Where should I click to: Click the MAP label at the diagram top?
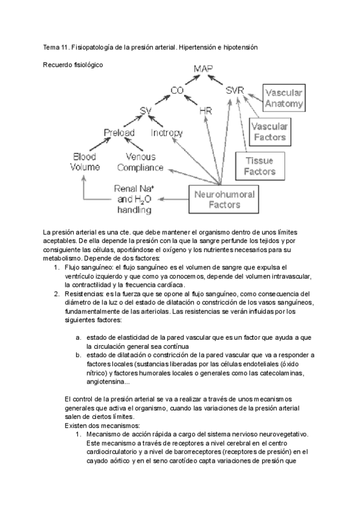click(x=203, y=70)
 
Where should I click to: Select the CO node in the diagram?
click(x=176, y=91)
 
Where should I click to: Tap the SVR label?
click(x=235, y=91)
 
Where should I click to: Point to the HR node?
click(x=205, y=112)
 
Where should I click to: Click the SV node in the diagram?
click(x=145, y=111)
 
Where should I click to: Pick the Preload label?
click(x=119, y=132)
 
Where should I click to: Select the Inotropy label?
click(x=166, y=132)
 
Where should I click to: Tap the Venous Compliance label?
click(x=140, y=161)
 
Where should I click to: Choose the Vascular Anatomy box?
click(x=284, y=98)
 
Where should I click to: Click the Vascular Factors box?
click(x=268, y=132)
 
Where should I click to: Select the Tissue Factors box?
click(x=260, y=166)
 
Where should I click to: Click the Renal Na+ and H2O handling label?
click(x=134, y=199)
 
